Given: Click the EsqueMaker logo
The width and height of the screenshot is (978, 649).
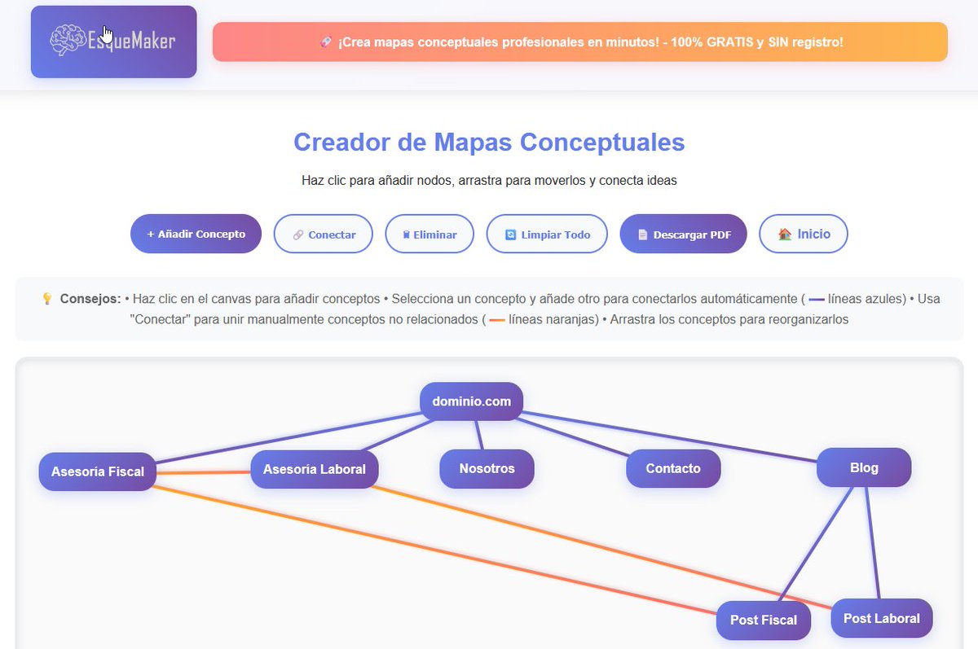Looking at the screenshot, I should point(113,42).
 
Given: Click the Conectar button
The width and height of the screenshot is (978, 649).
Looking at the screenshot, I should point(323,235).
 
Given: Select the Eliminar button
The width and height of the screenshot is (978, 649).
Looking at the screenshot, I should point(430,235).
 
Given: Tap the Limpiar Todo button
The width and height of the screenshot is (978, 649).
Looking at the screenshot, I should point(547,235).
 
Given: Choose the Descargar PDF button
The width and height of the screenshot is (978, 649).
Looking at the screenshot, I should point(683,235).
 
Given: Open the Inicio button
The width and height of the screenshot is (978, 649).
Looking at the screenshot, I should point(804,234).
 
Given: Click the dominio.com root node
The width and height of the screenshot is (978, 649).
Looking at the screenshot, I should point(471,401).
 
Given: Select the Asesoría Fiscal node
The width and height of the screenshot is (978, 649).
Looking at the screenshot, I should point(97,471).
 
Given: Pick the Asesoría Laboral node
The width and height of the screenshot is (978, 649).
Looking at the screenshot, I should point(314,469).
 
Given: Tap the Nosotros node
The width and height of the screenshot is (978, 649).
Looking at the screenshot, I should point(487,469).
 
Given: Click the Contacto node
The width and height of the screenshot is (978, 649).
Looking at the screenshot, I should point(673,469).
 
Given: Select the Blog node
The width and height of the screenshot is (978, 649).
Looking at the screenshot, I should point(864,467).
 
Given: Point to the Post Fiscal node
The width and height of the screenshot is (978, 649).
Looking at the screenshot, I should point(763,620).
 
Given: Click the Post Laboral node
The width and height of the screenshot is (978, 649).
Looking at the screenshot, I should point(881,618).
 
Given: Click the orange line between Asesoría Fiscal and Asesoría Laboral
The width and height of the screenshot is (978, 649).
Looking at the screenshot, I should point(203,471).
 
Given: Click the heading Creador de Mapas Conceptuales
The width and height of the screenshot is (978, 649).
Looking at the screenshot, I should point(489,143).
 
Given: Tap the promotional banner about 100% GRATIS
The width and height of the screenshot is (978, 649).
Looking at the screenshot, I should point(579,42).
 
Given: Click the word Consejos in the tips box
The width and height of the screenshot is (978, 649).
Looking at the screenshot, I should point(90,299).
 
